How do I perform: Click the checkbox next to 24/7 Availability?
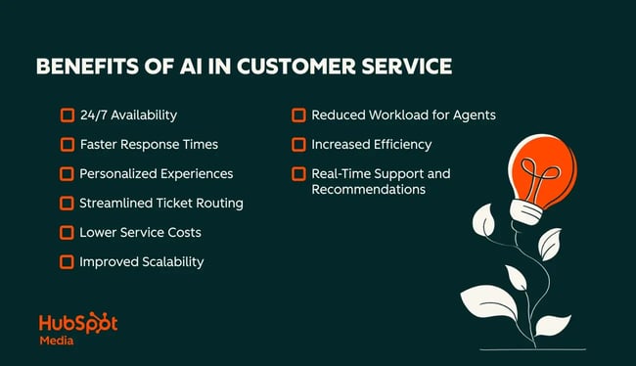click(x=68, y=115)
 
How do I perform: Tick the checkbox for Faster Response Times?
click(x=68, y=145)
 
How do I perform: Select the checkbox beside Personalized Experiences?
click(x=68, y=174)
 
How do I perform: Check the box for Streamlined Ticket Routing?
click(x=68, y=204)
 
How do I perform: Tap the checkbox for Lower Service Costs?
click(x=68, y=233)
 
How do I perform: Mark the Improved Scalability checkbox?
click(x=68, y=262)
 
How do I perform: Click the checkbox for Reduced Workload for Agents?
click(x=298, y=115)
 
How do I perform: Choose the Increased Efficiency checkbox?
click(x=298, y=145)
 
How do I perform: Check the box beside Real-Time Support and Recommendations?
click(x=298, y=174)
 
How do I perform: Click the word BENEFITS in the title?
click(x=81, y=68)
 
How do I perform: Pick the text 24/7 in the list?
click(x=95, y=115)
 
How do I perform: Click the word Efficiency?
click(x=401, y=145)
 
